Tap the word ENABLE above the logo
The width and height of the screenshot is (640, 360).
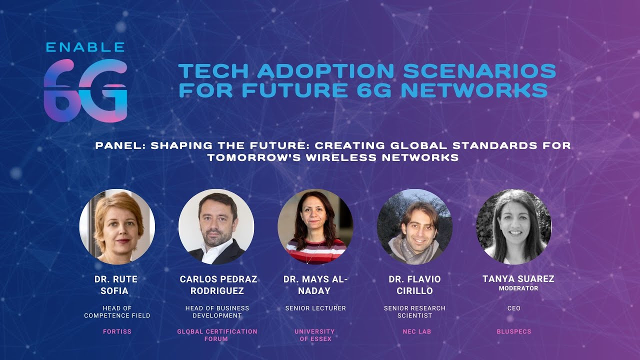pyautogui.click(x=85, y=47)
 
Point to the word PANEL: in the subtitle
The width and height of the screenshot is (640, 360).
pyautogui.click(x=120, y=146)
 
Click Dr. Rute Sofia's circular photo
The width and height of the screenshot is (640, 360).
pyautogui.click(x=117, y=226)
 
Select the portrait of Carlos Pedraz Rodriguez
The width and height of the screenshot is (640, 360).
pyautogui.click(x=216, y=226)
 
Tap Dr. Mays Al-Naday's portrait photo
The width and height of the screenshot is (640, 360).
pyautogui.click(x=315, y=226)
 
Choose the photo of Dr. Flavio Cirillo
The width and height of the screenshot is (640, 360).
pyautogui.click(x=414, y=226)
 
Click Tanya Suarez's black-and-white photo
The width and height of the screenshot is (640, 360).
pyautogui.click(x=513, y=226)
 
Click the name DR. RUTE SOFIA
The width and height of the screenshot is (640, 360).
pyautogui.click(x=116, y=285)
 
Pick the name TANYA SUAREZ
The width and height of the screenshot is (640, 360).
pyautogui.click(x=518, y=279)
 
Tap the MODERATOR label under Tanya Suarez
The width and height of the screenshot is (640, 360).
pyautogui.click(x=518, y=288)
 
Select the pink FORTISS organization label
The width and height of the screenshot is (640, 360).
pyautogui.click(x=117, y=331)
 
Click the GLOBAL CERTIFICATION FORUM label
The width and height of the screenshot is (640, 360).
pyautogui.click(x=217, y=335)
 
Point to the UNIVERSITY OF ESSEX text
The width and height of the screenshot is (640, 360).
pyautogui.click(x=314, y=335)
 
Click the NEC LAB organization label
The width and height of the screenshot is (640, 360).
pyautogui.click(x=416, y=331)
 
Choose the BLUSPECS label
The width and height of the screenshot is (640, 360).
pyautogui.click(x=514, y=331)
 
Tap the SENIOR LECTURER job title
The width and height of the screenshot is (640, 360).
pyautogui.click(x=315, y=308)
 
